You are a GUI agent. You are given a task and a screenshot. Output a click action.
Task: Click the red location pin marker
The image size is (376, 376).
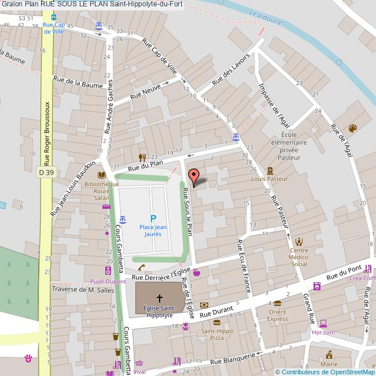pyautogui.click(x=194, y=176)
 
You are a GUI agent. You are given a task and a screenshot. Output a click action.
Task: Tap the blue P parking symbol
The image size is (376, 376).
pyautogui.click(x=153, y=218)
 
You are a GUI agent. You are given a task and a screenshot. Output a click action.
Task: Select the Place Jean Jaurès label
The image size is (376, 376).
pyautogui.click(x=153, y=231)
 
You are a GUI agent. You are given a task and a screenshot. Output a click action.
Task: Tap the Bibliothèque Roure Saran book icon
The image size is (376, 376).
pyautogui.click(x=102, y=175)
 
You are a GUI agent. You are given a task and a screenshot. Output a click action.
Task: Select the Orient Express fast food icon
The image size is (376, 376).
pyautogui.click(x=277, y=304)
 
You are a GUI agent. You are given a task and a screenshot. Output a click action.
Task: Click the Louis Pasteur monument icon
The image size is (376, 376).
pyautogui.click(x=270, y=171)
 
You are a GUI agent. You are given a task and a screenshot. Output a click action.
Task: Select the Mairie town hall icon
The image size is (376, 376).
pyautogui.click(x=329, y=355)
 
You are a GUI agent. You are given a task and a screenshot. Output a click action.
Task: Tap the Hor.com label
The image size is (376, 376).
pyautogui.click(x=323, y=332)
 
